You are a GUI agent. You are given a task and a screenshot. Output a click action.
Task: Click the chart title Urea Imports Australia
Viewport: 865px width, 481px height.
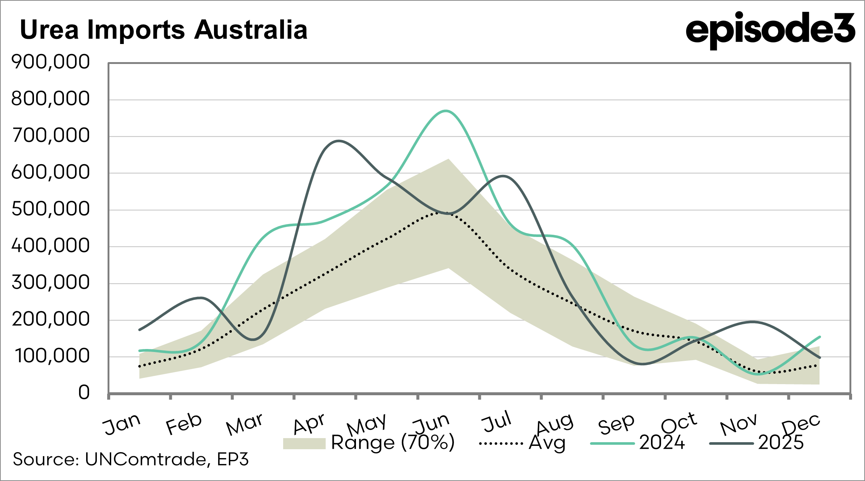[163, 30]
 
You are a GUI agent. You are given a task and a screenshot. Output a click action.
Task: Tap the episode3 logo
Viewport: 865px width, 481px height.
[770, 29]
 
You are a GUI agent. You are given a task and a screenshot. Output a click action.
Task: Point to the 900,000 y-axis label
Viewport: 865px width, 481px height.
[51, 62]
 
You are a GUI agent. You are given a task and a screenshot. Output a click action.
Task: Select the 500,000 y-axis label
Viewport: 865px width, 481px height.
[51, 209]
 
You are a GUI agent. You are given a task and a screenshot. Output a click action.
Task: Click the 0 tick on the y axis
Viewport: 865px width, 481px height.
[84, 393]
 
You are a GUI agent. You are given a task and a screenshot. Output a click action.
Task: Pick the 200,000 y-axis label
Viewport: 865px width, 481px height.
[51, 319]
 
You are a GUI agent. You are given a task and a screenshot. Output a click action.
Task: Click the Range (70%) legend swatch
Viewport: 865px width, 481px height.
[304, 444]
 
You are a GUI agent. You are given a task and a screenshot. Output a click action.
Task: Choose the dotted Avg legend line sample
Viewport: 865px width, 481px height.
[501, 444]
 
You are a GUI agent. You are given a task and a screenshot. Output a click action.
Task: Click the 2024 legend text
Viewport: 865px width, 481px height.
[662, 443]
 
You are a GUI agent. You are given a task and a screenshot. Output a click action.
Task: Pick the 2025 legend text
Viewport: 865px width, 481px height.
[781, 443]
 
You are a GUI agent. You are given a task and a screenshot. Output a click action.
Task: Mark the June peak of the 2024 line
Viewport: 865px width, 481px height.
[446, 111]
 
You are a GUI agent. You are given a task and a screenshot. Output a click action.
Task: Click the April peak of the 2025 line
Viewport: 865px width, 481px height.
[339, 141]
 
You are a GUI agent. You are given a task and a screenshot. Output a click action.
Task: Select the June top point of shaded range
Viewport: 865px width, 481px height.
[448, 159]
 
